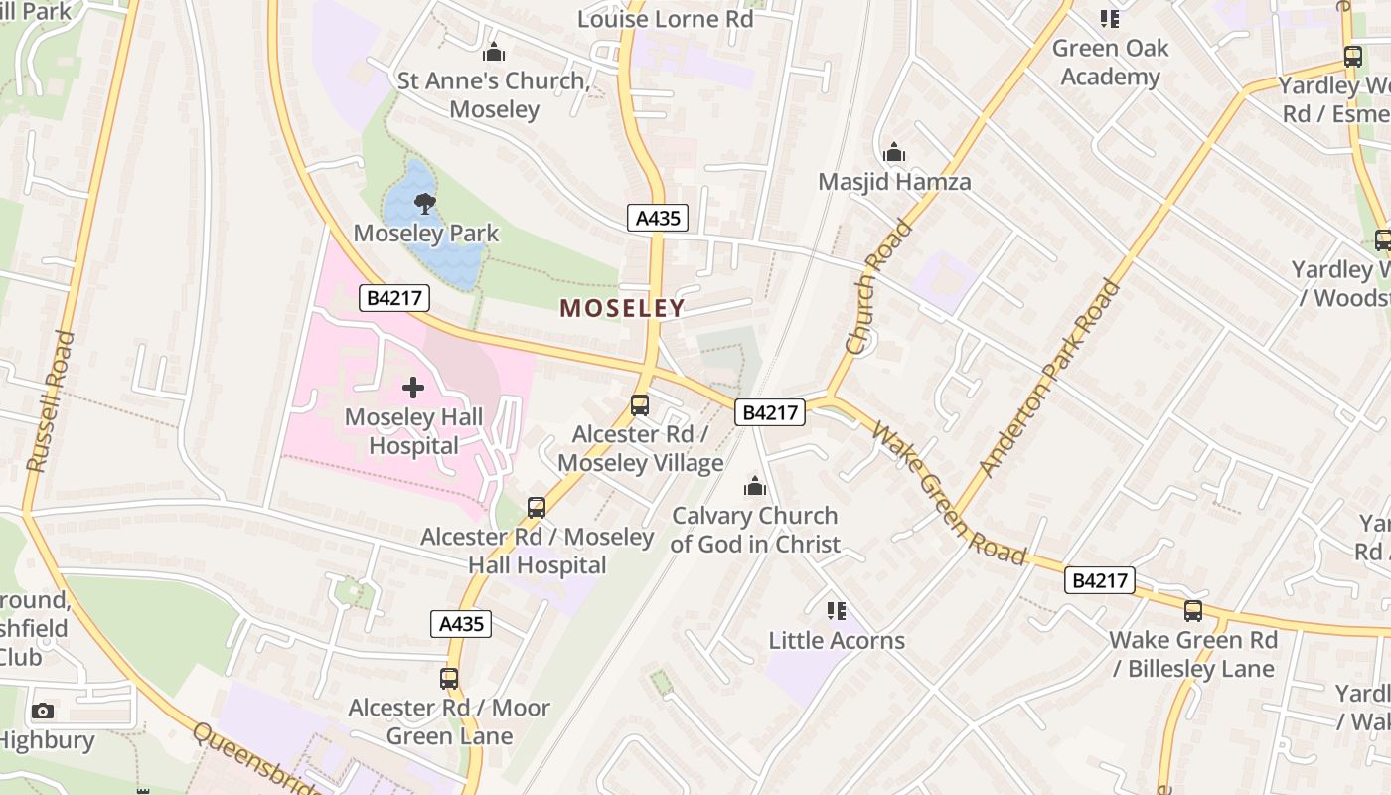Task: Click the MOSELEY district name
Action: pos(623,308)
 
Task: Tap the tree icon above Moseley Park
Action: pos(425,205)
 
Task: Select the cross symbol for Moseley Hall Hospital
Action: pos(413,388)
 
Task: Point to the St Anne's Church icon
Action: pos(494,53)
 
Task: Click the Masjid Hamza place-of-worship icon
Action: pos(894,153)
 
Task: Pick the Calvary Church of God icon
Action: pos(755,487)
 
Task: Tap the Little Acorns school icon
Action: pos(837,610)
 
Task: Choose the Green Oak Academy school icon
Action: pos(1110,19)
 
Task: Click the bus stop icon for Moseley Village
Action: pos(640,405)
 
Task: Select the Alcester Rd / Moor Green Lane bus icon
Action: pos(449,679)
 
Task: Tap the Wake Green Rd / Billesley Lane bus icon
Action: pos(1192,611)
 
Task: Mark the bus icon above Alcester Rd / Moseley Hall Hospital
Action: pos(537,508)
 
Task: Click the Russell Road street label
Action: pos(51,401)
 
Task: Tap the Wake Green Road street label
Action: pos(950,493)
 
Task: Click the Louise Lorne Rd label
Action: pos(666,19)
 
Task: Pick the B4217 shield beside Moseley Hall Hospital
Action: pos(394,297)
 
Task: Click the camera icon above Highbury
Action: pos(42,711)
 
